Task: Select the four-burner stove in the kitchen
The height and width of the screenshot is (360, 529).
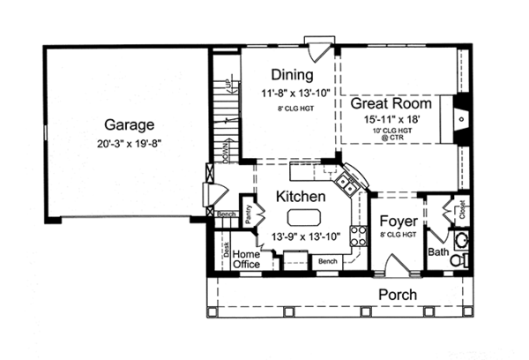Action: tap(359, 235)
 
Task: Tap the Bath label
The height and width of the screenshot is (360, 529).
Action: tap(438, 252)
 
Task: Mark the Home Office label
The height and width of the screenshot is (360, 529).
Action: tap(246, 259)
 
